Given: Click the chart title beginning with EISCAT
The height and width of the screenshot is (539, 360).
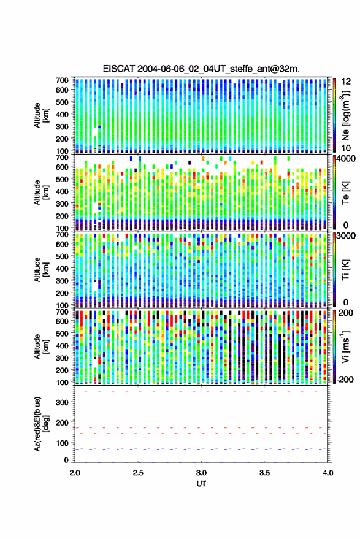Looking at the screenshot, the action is pyautogui.click(x=201, y=69).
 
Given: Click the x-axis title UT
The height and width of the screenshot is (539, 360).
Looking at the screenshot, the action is pyautogui.click(x=201, y=484).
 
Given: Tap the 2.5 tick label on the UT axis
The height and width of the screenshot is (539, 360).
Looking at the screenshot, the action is pyautogui.click(x=138, y=473).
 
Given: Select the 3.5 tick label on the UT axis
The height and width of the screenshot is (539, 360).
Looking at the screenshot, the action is pyautogui.click(x=264, y=473).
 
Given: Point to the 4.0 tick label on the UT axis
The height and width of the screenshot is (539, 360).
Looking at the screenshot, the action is pyautogui.click(x=327, y=473).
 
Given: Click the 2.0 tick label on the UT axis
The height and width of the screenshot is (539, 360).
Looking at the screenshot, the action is pyautogui.click(x=75, y=473).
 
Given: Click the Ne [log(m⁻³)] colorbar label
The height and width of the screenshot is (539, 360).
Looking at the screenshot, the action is pyautogui.click(x=345, y=115).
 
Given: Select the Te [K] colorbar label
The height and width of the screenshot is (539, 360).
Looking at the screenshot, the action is pyautogui.click(x=345, y=193).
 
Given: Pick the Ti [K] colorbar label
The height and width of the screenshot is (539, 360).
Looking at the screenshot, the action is pyautogui.click(x=345, y=270).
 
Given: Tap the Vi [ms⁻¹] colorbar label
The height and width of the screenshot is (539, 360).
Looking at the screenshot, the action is pyautogui.click(x=345, y=346).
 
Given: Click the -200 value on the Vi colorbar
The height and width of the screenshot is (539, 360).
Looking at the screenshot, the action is pyautogui.click(x=343, y=379).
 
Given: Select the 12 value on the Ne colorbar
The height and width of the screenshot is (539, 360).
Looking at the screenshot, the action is pyautogui.click(x=346, y=82).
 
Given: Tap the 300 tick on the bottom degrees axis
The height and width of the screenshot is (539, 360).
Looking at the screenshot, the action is pyautogui.click(x=62, y=402).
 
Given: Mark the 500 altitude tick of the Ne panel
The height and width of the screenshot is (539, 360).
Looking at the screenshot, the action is pyautogui.click(x=62, y=102).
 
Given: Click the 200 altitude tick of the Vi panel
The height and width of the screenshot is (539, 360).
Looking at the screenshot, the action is pyautogui.click(x=62, y=370).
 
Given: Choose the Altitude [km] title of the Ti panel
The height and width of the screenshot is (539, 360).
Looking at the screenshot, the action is pyautogui.click(x=41, y=270).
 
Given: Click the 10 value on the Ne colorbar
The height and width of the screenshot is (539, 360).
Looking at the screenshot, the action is pyautogui.click(x=346, y=148).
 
